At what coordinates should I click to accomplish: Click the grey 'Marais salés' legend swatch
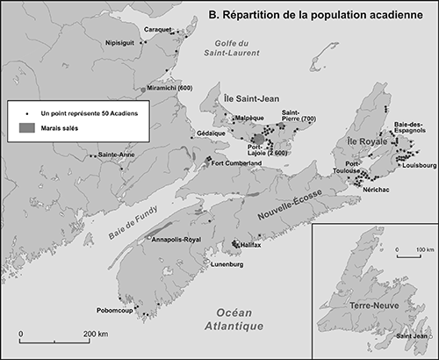pos(27,127)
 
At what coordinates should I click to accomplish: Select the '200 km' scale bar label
pos(96,335)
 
